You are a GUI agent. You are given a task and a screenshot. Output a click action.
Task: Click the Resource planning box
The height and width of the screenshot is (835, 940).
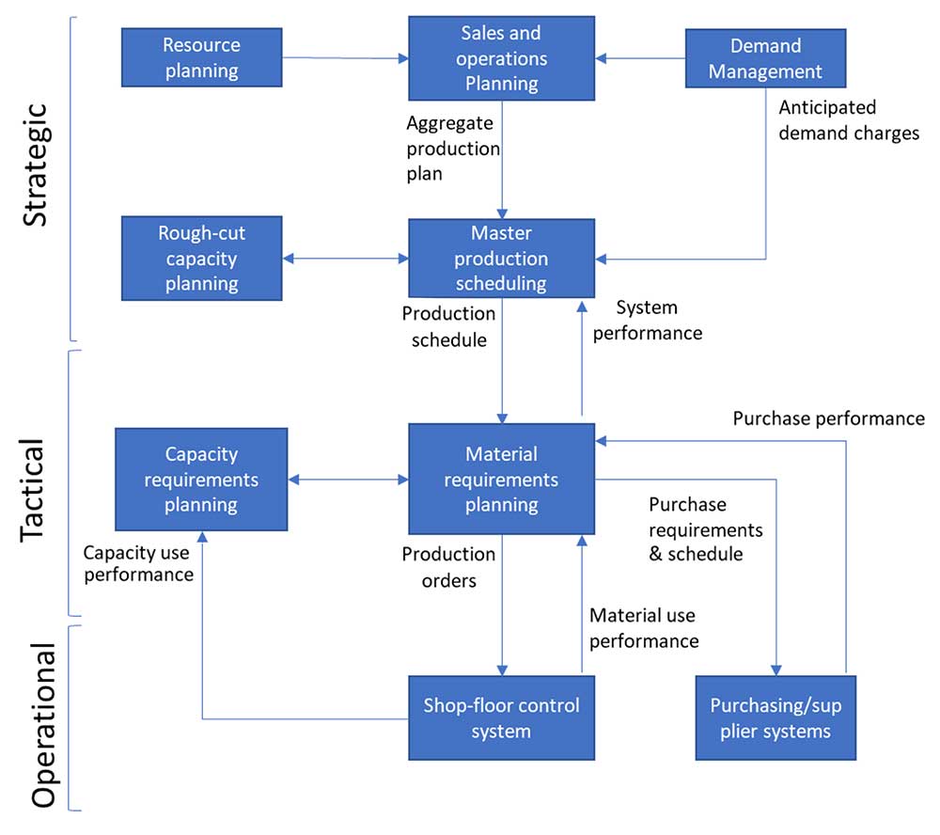pos(201,57)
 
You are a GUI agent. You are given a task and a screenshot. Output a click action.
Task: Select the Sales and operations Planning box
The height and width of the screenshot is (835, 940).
pos(501,58)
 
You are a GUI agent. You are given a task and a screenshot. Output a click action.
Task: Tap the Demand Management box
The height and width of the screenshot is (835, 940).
pos(765,58)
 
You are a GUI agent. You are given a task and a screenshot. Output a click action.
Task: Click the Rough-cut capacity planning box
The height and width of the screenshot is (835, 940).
pos(201,259)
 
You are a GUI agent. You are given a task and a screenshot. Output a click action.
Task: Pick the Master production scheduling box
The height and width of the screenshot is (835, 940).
pos(501,258)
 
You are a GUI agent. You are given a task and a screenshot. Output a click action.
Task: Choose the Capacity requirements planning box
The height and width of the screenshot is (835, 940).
pos(201,480)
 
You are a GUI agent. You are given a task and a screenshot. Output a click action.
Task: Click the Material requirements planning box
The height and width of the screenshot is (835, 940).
pos(501,480)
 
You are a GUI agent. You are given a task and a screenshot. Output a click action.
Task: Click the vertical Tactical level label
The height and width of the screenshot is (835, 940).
pos(35,488)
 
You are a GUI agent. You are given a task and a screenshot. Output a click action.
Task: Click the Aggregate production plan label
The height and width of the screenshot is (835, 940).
pos(452,149)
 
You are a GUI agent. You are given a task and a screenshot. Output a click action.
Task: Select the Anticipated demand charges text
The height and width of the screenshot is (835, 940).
pos(849,120)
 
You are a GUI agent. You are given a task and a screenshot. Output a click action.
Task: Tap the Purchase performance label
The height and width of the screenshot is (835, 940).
pos(828,418)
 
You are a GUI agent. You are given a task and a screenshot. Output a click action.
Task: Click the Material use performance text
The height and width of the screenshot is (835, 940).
pos(644,628)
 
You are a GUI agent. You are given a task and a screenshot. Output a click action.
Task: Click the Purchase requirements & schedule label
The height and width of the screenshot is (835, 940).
pos(705,529)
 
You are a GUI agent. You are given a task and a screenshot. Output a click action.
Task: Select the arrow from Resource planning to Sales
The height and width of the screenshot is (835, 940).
pos(344,59)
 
